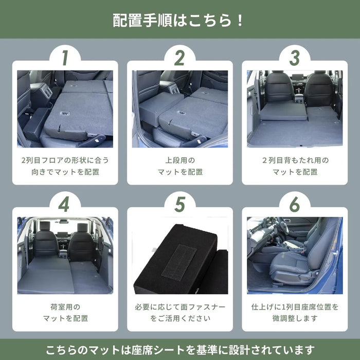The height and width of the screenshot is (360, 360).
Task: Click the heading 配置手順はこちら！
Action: pos(179,21)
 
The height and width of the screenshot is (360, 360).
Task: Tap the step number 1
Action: pos(64,58)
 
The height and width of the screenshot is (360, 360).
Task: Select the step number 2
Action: pos(179,58)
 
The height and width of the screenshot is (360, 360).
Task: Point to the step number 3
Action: pos(294,58)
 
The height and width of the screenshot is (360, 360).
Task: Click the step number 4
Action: pos(64,205)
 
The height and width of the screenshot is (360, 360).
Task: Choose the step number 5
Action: pos(179,205)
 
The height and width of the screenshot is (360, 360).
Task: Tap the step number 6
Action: pos(294,205)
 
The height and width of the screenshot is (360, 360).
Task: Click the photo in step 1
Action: pos(65,109)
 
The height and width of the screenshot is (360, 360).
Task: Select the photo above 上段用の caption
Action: pos(179,109)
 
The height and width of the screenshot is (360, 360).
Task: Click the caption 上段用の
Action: pos(180,160)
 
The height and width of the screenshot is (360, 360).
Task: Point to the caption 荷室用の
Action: pos(65,307)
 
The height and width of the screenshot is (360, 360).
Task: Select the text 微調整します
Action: pos(295,318)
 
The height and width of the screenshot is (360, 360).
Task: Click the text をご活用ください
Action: pos(180,318)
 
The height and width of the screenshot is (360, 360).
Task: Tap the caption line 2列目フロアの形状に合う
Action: pos(65,160)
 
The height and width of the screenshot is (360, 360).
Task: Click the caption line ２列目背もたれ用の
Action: pos(295,160)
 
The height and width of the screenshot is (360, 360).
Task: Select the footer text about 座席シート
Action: pos(179,350)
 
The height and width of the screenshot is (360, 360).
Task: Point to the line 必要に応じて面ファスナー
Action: pos(180,307)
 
